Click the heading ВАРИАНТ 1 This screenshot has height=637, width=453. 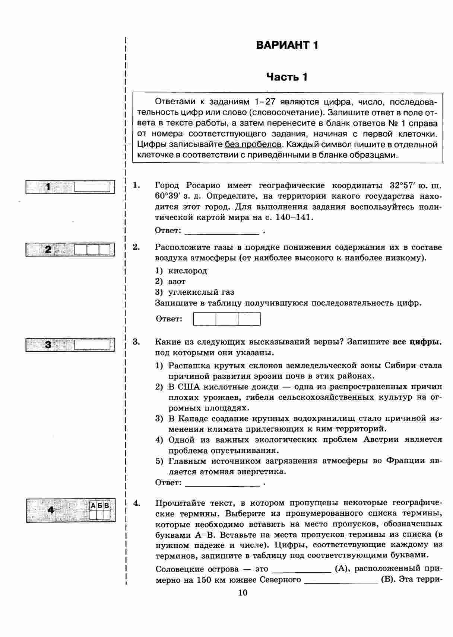pos(287,45)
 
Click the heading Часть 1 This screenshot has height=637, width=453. pos(287,77)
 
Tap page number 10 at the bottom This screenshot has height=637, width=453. pos(243,593)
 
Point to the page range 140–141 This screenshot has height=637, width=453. pos(293,217)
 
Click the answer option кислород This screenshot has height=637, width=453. pos(187,271)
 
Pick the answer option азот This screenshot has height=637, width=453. pos(177,282)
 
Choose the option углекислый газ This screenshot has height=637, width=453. pos(201,292)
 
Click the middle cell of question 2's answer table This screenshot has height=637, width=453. pos(227,319)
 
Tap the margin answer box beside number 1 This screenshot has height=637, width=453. pos(92,187)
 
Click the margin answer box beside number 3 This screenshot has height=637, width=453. pos(92,345)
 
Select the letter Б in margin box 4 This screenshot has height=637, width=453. pos(100,506)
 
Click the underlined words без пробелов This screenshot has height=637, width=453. pos(253,144)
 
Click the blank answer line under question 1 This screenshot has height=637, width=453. pos(222,232)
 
